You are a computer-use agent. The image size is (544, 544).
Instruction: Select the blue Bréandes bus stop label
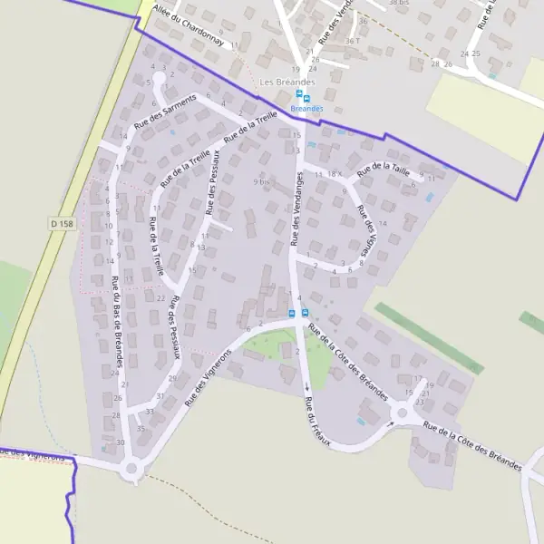[x=306, y=109]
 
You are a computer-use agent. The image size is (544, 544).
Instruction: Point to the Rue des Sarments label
[x=165, y=111]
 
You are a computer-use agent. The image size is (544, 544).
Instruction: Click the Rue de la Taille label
[x=384, y=169]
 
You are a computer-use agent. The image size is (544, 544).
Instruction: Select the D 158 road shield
[x=63, y=223]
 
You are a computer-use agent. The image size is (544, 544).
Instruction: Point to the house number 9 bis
[x=262, y=181]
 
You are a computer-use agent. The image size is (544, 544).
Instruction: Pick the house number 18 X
[x=333, y=173]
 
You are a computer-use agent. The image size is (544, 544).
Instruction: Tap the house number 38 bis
[x=398, y=3]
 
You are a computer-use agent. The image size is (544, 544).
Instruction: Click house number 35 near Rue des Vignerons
[x=141, y=428]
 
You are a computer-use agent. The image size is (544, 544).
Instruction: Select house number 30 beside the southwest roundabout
[x=121, y=442]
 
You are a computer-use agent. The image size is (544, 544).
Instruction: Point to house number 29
[x=172, y=378]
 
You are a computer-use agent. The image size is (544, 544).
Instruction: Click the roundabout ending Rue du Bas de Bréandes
[x=132, y=469]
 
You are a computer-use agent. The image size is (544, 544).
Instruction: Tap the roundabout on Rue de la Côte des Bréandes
[x=402, y=414]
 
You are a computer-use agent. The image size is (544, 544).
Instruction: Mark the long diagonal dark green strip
[x=428, y=337]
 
